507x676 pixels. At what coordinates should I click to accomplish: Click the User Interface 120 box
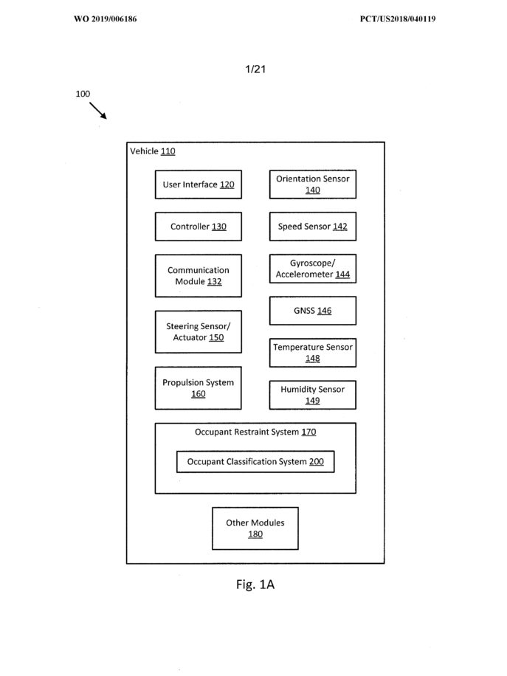pyautogui.click(x=199, y=184)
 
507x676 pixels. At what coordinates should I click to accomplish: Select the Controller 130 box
pyautogui.click(x=199, y=227)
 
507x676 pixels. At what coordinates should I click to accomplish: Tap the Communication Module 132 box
pyautogui.click(x=199, y=275)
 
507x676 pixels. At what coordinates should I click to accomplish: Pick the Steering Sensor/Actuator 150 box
pyautogui.click(x=199, y=331)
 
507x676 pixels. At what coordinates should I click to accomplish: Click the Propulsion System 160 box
pyautogui.click(x=199, y=388)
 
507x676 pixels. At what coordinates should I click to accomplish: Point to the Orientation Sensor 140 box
pyautogui.click(x=313, y=184)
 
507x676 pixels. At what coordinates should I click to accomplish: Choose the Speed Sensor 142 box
pyautogui.click(x=313, y=227)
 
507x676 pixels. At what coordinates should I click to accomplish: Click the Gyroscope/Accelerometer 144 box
pyautogui.click(x=313, y=269)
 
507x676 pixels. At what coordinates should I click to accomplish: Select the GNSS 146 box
pyautogui.click(x=313, y=311)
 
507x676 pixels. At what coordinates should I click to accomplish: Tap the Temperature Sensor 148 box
pyautogui.click(x=313, y=353)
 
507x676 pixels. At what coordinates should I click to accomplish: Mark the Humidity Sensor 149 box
pyautogui.click(x=313, y=395)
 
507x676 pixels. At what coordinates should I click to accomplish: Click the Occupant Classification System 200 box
pyautogui.click(x=255, y=462)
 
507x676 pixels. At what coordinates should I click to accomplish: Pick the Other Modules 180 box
pyautogui.click(x=255, y=528)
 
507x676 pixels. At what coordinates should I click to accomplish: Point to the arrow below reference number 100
pyautogui.click(x=98, y=111)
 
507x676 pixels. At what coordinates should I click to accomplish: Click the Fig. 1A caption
pyautogui.click(x=255, y=584)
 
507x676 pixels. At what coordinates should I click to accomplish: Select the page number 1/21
pyautogui.click(x=255, y=69)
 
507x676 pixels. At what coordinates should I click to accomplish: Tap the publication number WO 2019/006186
pyautogui.click(x=106, y=19)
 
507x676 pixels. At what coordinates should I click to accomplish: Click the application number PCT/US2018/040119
pyautogui.click(x=398, y=19)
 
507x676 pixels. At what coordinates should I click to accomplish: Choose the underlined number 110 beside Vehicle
pyautogui.click(x=168, y=151)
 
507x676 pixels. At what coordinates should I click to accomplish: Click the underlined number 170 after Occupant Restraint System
pyautogui.click(x=308, y=432)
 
